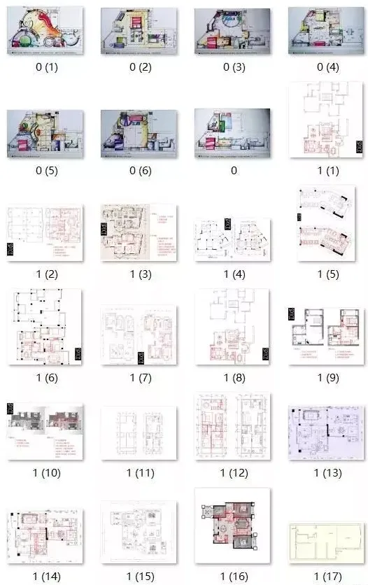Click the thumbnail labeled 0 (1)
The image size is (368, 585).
pos(45,31)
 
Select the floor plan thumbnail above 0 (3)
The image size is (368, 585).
pos(232,31)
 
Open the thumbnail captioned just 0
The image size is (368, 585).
pos(232,132)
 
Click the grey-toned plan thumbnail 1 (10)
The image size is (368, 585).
pos(45,430)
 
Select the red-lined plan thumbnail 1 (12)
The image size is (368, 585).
pos(232,428)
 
